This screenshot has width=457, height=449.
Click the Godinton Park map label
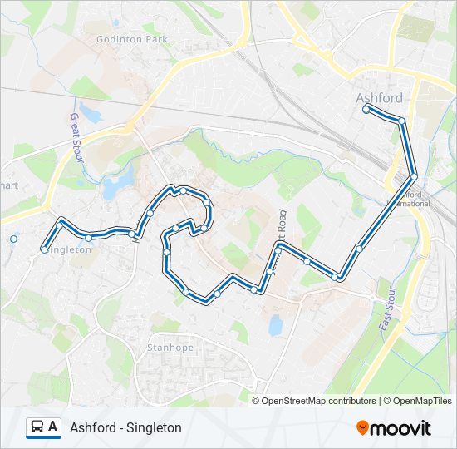point(131,39)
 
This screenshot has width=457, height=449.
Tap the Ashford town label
point(379,97)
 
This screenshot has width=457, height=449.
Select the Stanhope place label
point(170,347)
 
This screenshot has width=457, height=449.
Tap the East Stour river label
point(386,308)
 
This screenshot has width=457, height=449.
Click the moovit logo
point(393,428)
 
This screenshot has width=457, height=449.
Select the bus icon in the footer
point(37,427)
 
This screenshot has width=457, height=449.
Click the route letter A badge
point(53,427)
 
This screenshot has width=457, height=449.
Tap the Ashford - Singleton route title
point(125,428)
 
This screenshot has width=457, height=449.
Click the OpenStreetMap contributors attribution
point(318,401)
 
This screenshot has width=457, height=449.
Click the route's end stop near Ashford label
point(366,109)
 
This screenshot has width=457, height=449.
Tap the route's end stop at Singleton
point(44,249)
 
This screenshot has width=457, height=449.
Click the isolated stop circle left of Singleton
point(13,239)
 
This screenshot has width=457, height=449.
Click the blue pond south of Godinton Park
point(116,184)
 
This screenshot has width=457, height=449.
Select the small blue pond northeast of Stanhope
point(275,325)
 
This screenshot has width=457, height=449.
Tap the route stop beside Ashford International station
point(413,176)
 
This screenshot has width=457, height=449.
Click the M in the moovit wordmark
point(379,429)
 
